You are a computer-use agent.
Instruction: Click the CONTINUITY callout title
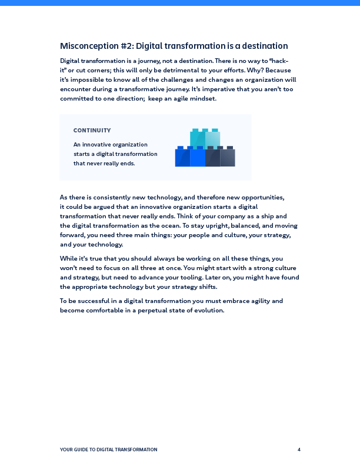[x=92, y=131]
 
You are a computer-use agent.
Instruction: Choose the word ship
[x=260, y=216]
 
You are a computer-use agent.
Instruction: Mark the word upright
[x=226, y=225]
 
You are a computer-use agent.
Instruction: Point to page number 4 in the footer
[x=299, y=450]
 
